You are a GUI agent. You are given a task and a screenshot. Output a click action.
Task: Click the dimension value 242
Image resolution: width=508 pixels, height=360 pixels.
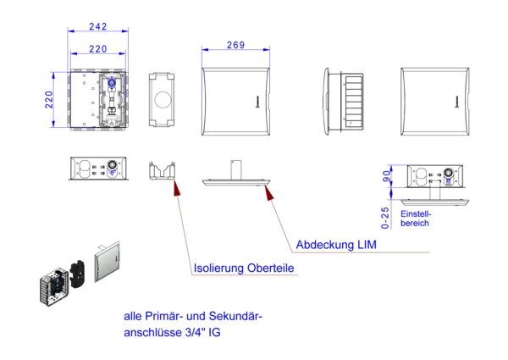click(x=98, y=26)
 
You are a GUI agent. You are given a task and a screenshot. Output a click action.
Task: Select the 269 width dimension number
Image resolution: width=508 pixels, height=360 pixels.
click(x=235, y=45)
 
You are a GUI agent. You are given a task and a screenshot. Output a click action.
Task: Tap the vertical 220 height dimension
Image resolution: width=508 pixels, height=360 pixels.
click(x=49, y=99)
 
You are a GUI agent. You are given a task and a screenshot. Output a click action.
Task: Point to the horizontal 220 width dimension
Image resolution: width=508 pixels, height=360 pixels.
click(x=98, y=49)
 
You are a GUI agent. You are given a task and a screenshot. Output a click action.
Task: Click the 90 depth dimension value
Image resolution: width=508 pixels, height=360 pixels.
click(x=386, y=176)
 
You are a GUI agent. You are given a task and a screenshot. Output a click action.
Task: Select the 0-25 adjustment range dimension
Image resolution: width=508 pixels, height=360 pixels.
click(x=385, y=218)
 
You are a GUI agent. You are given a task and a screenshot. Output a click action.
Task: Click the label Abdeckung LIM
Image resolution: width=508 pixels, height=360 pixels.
click(x=336, y=245)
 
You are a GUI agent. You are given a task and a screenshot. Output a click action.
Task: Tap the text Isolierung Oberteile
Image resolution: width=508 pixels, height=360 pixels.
click(x=244, y=268)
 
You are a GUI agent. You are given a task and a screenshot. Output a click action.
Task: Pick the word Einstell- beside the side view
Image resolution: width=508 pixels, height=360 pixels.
click(x=416, y=213)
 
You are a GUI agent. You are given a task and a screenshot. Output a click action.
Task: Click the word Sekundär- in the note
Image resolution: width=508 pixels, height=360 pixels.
click(x=235, y=316)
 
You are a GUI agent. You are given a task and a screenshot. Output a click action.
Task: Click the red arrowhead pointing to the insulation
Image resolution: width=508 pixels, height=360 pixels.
click(x=177, y=188)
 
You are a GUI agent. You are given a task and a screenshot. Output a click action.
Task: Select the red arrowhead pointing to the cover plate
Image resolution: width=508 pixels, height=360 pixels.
click(x=268, y=192)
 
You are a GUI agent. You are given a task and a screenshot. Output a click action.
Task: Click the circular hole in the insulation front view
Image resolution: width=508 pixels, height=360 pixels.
click(x=163, y=99)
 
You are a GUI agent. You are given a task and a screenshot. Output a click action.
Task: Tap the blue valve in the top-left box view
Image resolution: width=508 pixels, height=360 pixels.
click(x=112, y=82)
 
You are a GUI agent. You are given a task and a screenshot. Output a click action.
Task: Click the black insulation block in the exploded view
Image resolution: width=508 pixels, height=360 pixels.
click(x=78, y=274)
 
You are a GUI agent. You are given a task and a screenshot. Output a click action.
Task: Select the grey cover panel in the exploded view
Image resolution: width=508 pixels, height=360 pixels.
click(x=108, y=262)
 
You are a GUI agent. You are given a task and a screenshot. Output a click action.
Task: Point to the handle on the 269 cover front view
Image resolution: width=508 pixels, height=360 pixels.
click(x=257, y=102)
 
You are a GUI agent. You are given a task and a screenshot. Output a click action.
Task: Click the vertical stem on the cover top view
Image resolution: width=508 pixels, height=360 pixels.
click(x=236, y=169)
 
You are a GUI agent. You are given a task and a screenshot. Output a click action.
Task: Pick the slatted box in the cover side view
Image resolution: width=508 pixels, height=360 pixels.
click(x=354, y=102)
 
